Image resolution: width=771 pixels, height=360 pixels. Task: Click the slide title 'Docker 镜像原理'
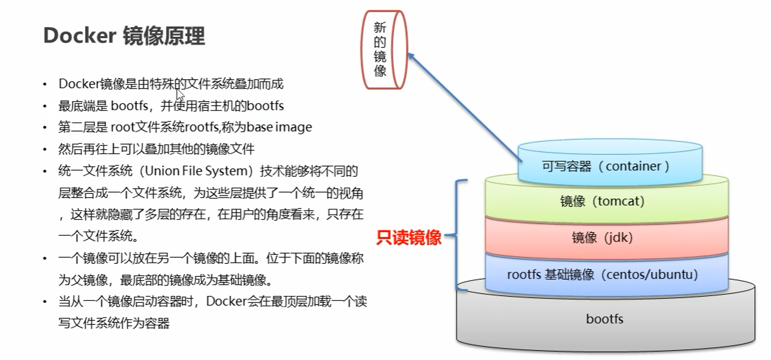tap(124, 36)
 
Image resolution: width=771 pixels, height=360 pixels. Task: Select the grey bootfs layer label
tap(604, 319)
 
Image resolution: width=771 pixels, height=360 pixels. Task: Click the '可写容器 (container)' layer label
tap(605, 166)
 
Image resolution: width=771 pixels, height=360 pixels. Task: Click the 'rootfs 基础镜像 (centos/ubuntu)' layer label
tap(603, 275)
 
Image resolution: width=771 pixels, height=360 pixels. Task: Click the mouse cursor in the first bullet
tap(180, 94)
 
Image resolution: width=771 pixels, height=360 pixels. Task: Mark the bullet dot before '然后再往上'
tap(45, 150)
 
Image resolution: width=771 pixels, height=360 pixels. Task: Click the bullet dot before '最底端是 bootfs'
tap(45, 106)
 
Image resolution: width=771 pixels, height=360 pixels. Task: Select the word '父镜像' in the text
tap(86, 280)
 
